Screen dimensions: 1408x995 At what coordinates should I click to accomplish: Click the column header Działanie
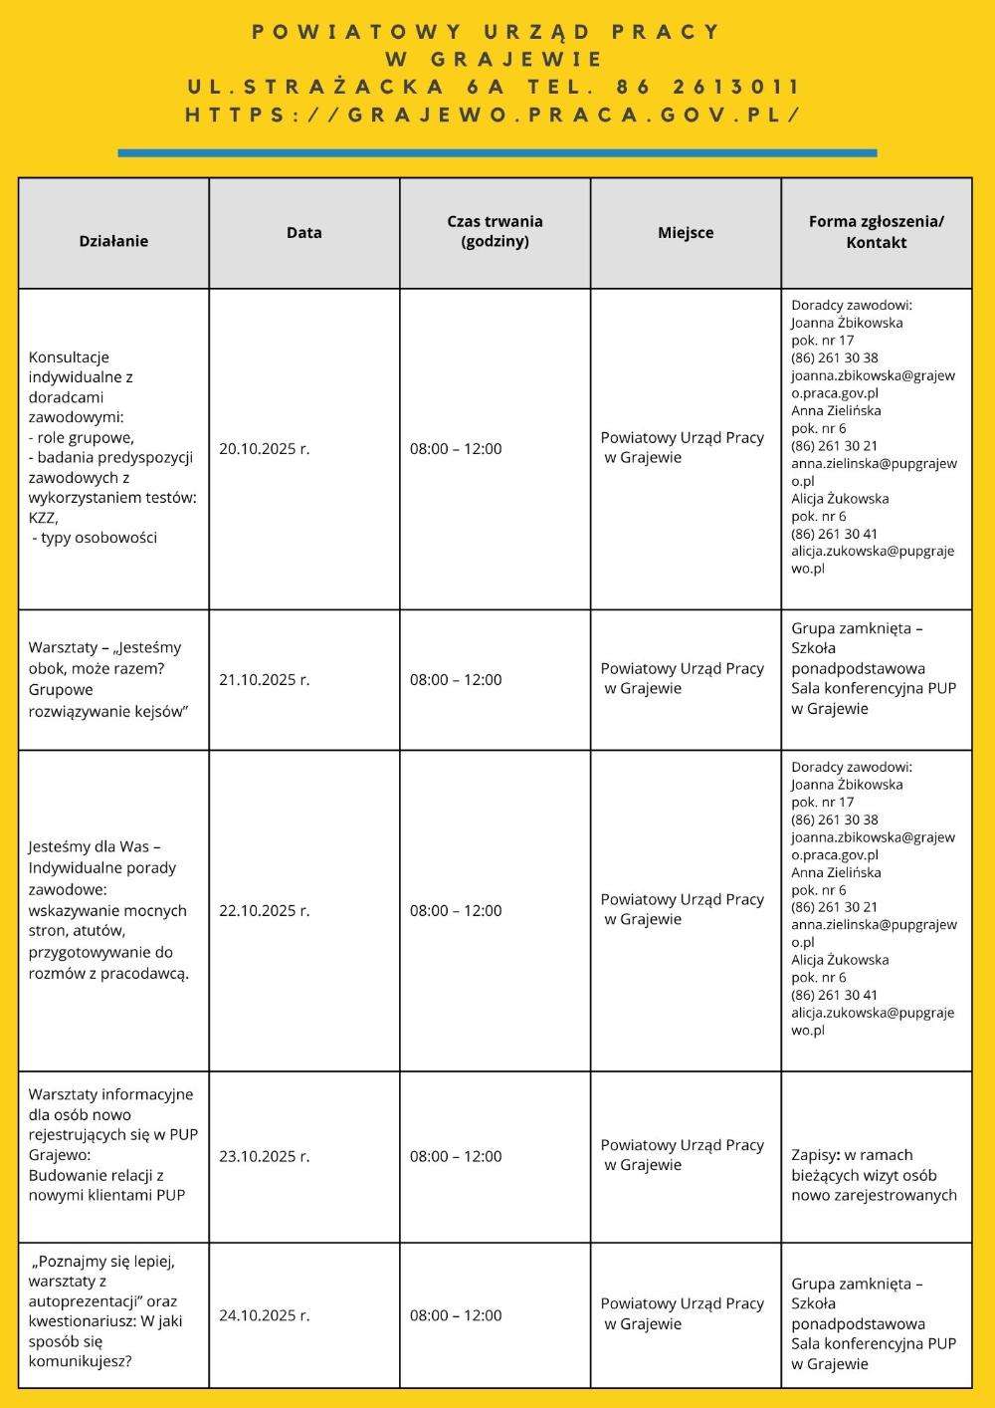[x=113, y=241]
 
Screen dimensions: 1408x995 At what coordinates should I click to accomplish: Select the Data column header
[x=303, y=233]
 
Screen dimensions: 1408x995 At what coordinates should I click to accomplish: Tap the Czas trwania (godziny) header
[x=495, y=231]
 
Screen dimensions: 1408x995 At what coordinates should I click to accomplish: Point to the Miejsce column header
[x=686, y=233]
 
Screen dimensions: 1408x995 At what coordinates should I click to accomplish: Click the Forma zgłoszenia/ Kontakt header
[x=876, y=232]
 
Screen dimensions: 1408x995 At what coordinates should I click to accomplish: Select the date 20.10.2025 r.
[x=265, y=449]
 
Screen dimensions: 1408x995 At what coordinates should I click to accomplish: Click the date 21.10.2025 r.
[x=265, y=680]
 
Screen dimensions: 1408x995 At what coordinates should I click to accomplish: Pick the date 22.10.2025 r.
[x=265, y=911]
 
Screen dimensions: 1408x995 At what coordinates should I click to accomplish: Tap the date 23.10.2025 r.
[x=265, y=1157]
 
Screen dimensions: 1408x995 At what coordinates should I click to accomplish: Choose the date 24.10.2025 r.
[x=265, y=1315]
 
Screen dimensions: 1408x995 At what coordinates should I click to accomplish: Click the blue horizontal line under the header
[x=497, y=153]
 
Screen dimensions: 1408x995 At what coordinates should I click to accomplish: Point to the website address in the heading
[x=494, y=116]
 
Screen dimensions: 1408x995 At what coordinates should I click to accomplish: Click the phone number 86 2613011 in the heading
[x=708, y=88]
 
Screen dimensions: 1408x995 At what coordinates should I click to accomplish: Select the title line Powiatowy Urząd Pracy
[x=487, y=32]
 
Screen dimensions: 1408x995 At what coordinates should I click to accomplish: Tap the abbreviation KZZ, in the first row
[x=44, y=518]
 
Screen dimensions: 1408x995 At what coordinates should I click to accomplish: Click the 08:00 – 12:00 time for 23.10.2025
[x=456, y=1157]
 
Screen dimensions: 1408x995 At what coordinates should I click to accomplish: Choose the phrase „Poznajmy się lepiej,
[x=104, y=1262]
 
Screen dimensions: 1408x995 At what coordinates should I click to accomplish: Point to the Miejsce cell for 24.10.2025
[x=682, y=1313]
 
